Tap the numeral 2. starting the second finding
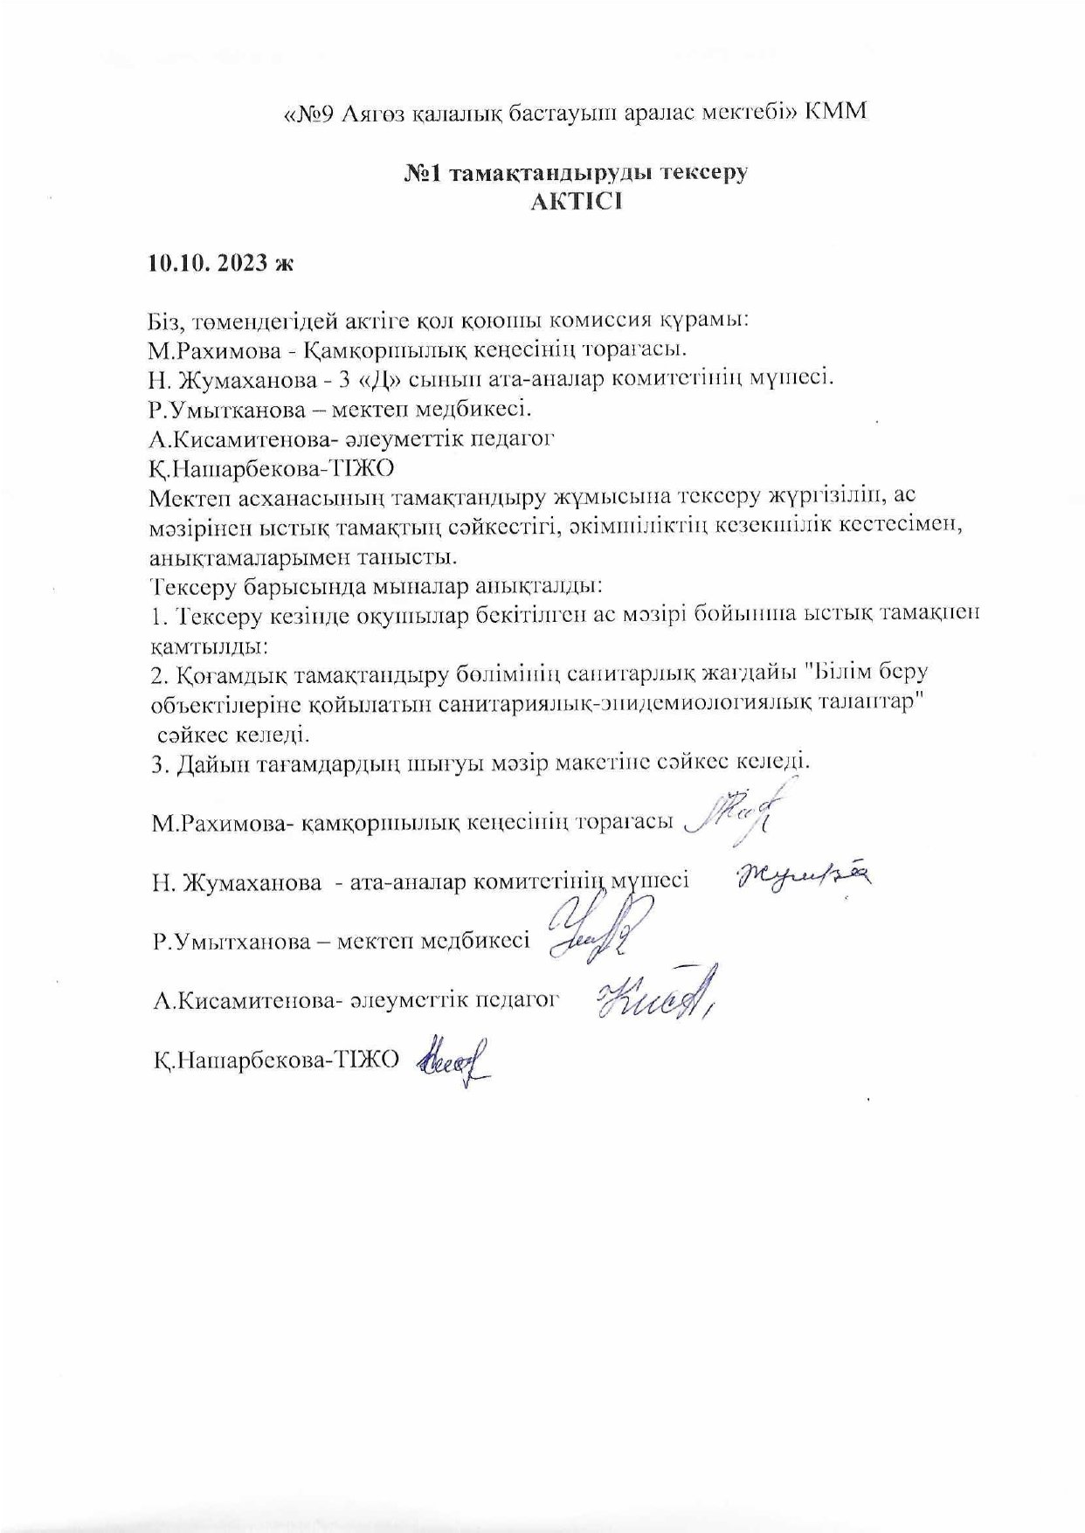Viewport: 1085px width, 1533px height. [x=158, y=675]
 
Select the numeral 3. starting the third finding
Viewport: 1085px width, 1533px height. [x=158, y=763]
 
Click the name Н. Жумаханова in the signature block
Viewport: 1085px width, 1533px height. [x=237, y=882]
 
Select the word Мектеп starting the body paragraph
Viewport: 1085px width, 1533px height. [x=189, y=497]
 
